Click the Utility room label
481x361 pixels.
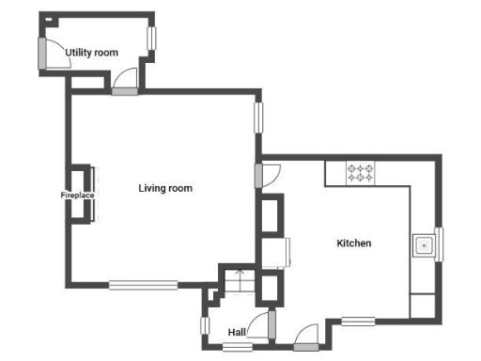coord(92,53)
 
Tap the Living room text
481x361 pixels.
coord(165,189)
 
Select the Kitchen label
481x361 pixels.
coord(354,243)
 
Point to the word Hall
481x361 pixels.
coord(238,332)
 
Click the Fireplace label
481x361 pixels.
coord(77,196)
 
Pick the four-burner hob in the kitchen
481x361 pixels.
coord(361,173)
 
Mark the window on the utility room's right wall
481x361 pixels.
coord(151,38)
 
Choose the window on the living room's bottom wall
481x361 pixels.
coord(143,285)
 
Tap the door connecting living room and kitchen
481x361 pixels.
coord(258,176)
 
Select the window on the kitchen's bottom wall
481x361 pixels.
coord(358,322)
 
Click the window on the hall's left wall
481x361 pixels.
coord(204,327)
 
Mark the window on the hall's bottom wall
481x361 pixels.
coord(237,348)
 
